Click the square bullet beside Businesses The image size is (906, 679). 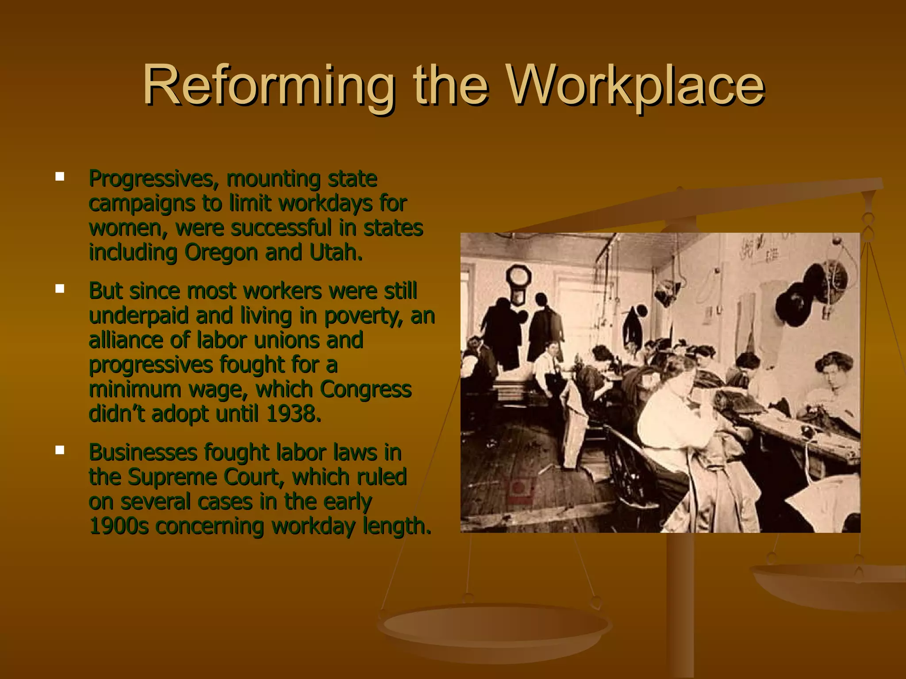point(60,450)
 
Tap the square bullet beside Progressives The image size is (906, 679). point(60,177)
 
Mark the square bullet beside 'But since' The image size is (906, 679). point(60,289)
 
